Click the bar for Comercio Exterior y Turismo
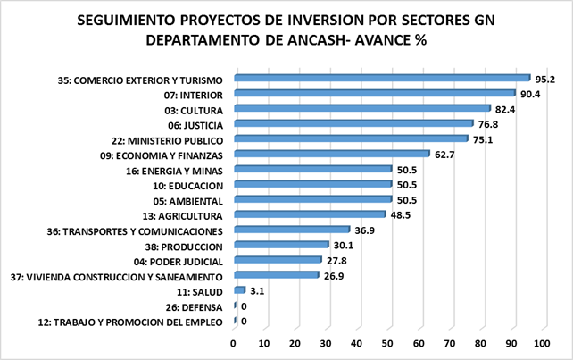coord(382,78)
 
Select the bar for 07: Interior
coord(375,93)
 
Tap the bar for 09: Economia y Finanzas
coord(332,154)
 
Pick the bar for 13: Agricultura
coord(310,214)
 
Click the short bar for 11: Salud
coord(240,290)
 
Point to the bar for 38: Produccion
coord(281,245)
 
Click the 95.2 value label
coord(545,80)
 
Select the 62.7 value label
coord(444,155)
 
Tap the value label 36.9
coord(365,230)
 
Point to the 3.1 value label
coord(257,291)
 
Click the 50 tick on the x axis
coord(387,344)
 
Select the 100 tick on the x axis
coord(542,344)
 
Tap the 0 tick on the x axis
coord(233,344)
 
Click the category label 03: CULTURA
coord(194,111)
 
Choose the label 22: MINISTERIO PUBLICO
coord(168,141)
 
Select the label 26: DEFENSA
coord(194,307)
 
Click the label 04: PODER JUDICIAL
coord(179,262)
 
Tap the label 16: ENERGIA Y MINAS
coord(174,172)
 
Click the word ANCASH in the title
coord(317,40)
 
